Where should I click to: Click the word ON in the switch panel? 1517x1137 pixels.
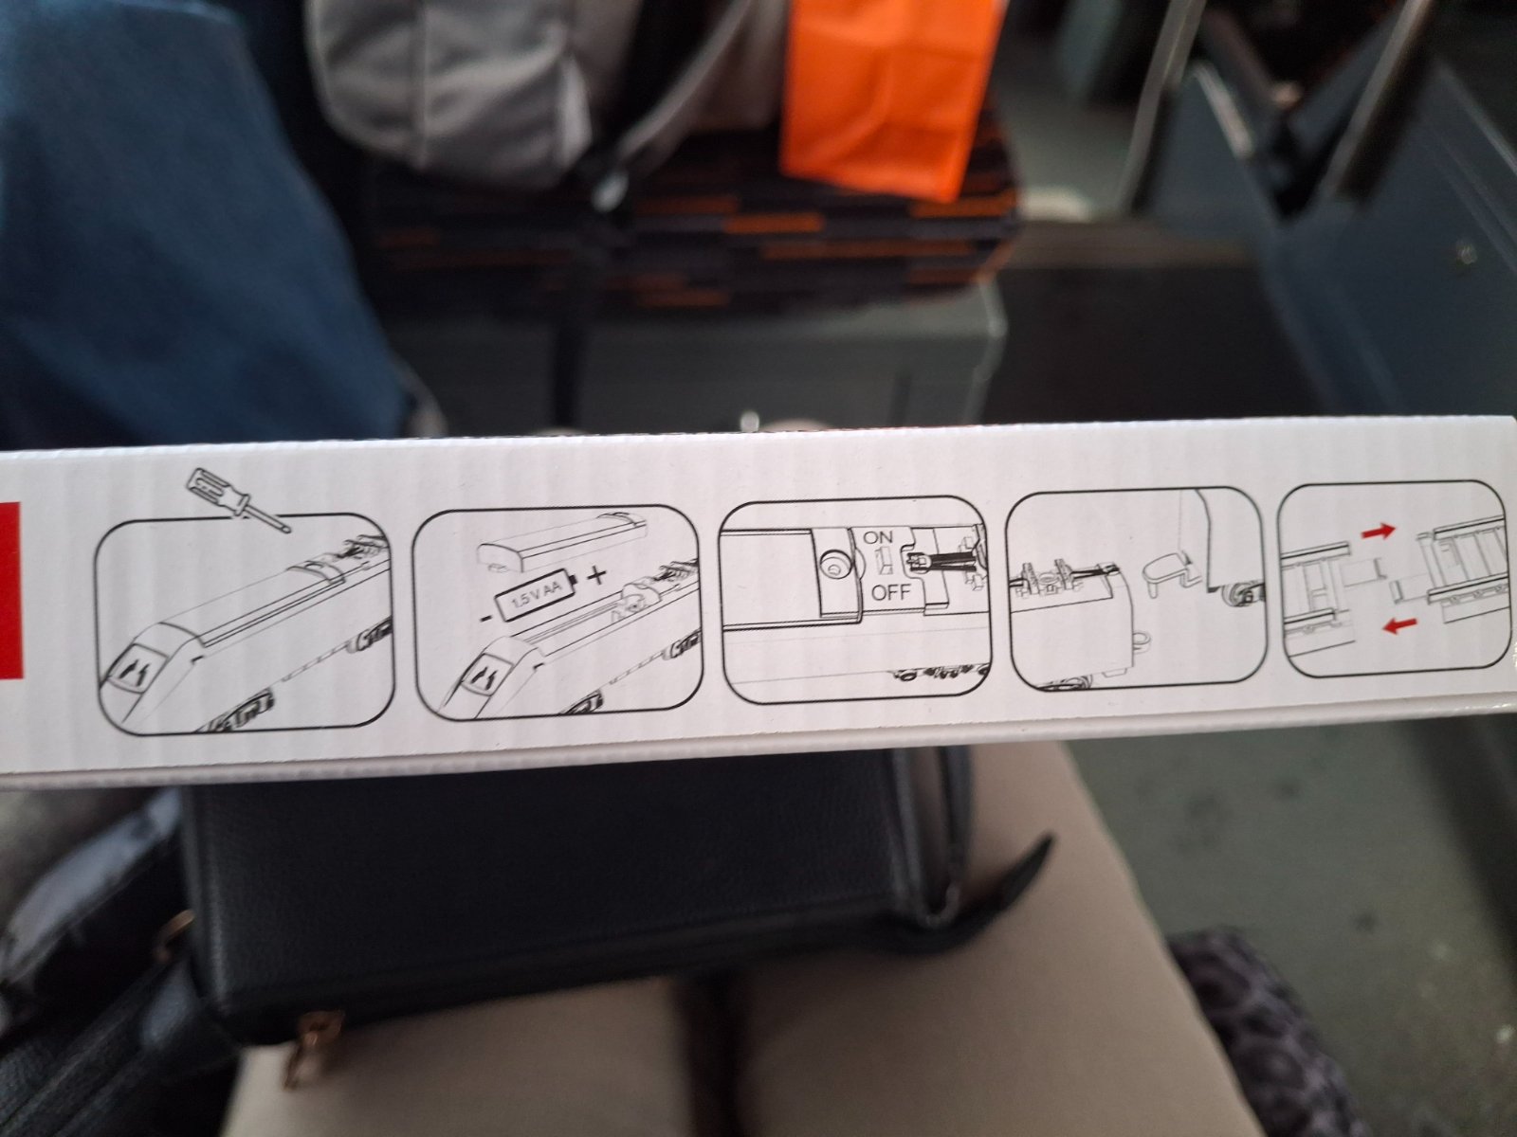(878, 537)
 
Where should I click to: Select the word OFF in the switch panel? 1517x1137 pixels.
(891, 593)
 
